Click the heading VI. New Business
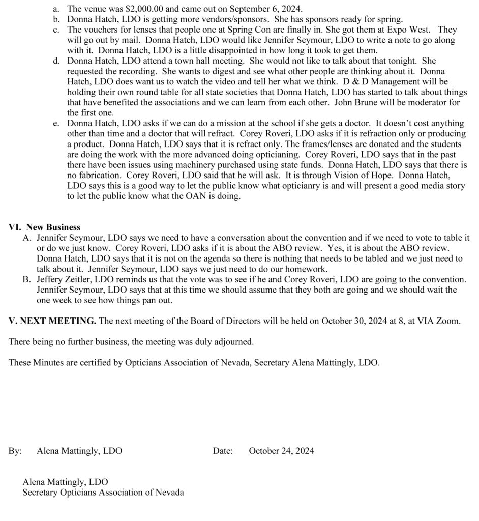(45, 227)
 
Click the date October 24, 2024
(281, 451)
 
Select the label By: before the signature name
(15, 451)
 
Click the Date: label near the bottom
(223, 451)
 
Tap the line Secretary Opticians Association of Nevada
(103, 492)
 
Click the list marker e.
(56, 124)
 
